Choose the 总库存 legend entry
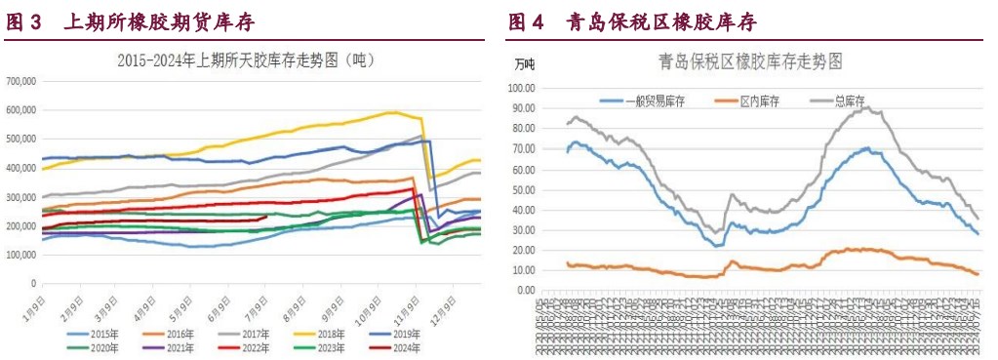tap(845, 100)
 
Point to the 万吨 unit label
tap(524, 64)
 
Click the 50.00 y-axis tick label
tap(525, 189)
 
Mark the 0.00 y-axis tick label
tap(528, 291)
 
